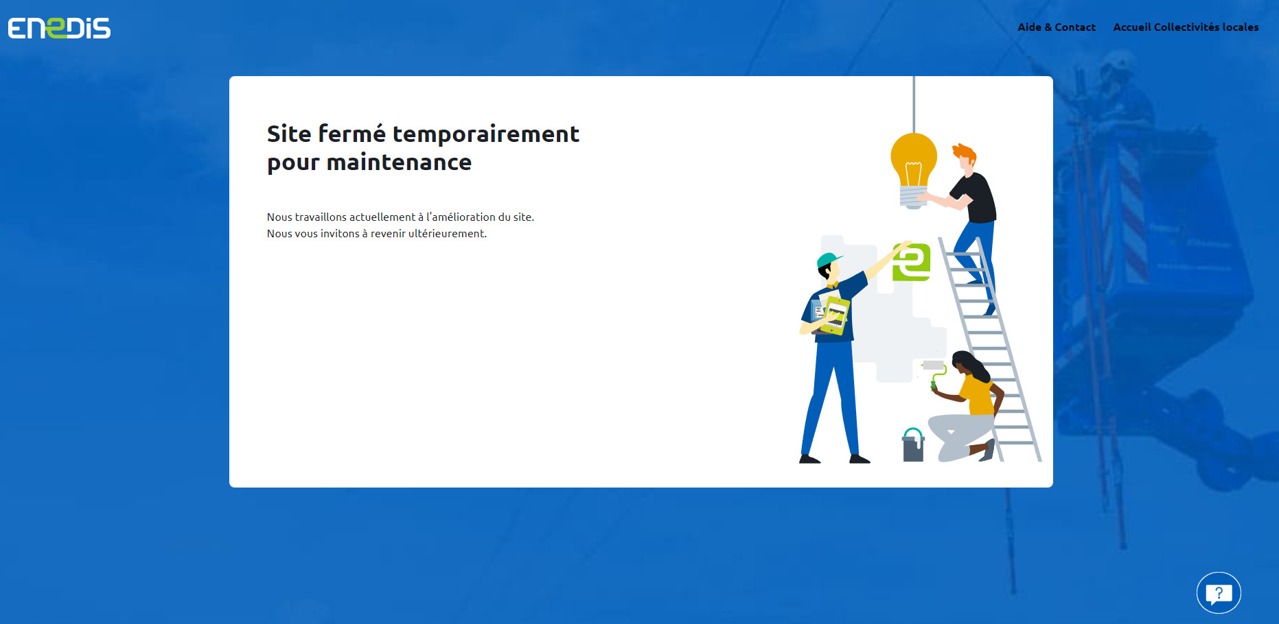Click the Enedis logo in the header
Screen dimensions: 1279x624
[x=59, y=28]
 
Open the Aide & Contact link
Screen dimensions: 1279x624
[x=1057, y=27]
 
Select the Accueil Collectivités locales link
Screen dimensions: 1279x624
[x=1186, y=27]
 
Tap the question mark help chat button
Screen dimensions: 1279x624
[x=1219, y=592]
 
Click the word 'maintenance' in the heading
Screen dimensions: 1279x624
[x=399, y=163]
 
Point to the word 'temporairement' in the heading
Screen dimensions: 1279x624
[x=486, y=134]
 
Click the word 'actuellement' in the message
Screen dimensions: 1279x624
[x=382, y=217]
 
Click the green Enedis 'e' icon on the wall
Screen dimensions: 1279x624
[x=911, y=261]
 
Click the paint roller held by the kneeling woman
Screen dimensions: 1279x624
[x=934, y=370]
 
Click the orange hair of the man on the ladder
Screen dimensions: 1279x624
[x=964, y=152]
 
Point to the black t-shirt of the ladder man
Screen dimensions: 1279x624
[x=975, y=195]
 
